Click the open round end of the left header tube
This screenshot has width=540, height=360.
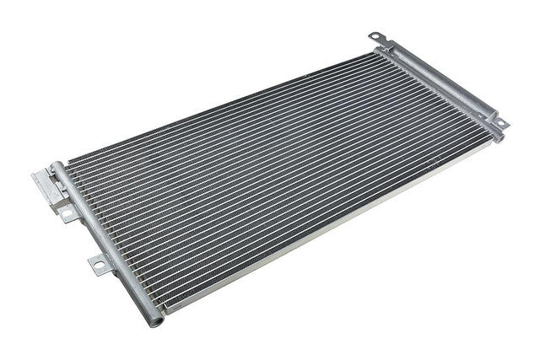pyautogui.click(x=153, y=321)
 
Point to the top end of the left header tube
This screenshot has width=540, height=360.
pyautogui.click(x=57, y=166)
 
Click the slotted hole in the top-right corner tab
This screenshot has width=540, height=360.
pyautogui.click(x=376, y=37)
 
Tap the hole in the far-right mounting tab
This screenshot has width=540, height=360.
pyautogui.click(x=500, y=123)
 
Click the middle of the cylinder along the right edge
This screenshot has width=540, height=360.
pyautogui.click(x=439, y=85)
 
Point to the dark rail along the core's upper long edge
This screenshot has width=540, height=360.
pyautogui.click(x=219, y=105)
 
